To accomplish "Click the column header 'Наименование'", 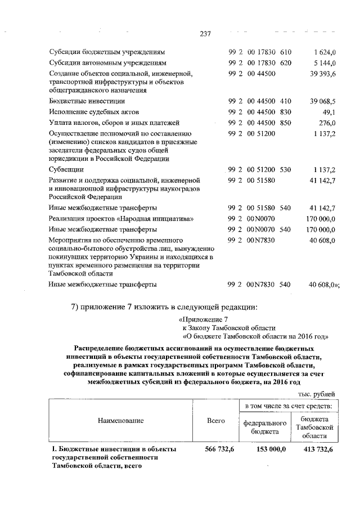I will coord(120,420).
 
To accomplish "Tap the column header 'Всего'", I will coord(216,420).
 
